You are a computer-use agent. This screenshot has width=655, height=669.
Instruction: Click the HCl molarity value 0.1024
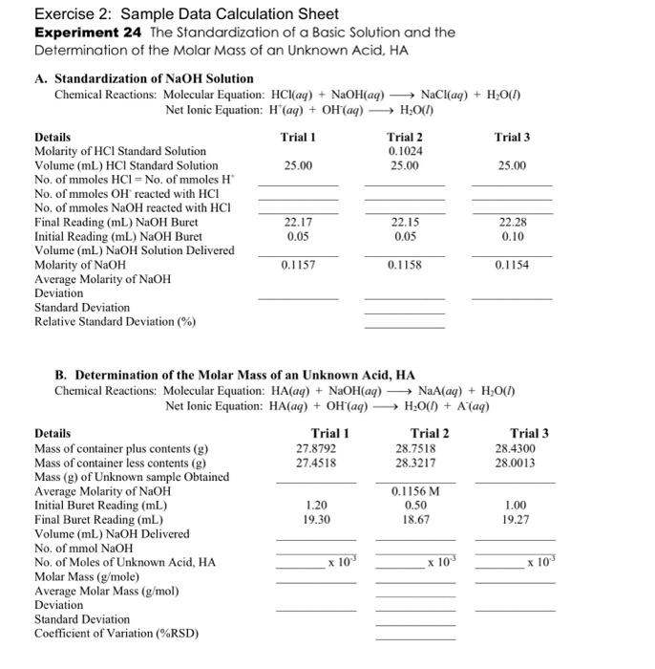click(x=405, y=151)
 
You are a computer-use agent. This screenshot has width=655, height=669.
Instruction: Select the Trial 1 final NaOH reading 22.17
click(x=299, y=222)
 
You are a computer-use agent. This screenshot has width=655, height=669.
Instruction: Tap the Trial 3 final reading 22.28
click(x=513, y=222)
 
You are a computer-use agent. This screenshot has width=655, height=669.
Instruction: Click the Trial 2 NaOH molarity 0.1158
click(x=405, y=265)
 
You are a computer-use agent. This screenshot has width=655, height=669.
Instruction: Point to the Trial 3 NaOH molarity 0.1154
click(x=513, y=265)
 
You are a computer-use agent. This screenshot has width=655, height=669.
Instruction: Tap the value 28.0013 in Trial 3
click(x=516, y=462)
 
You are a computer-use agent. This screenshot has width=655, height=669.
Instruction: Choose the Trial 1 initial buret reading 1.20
click(x=317, y=505)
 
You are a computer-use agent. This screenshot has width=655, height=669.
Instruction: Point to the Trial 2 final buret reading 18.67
click(x=415, y=519)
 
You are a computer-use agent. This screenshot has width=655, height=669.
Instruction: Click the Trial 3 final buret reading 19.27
click(x=516, y=519)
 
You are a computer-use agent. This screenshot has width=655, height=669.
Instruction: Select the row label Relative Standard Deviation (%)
click(x=115, y=322)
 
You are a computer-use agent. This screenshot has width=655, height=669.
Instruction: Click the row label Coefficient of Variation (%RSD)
click(x=117, y=634)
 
